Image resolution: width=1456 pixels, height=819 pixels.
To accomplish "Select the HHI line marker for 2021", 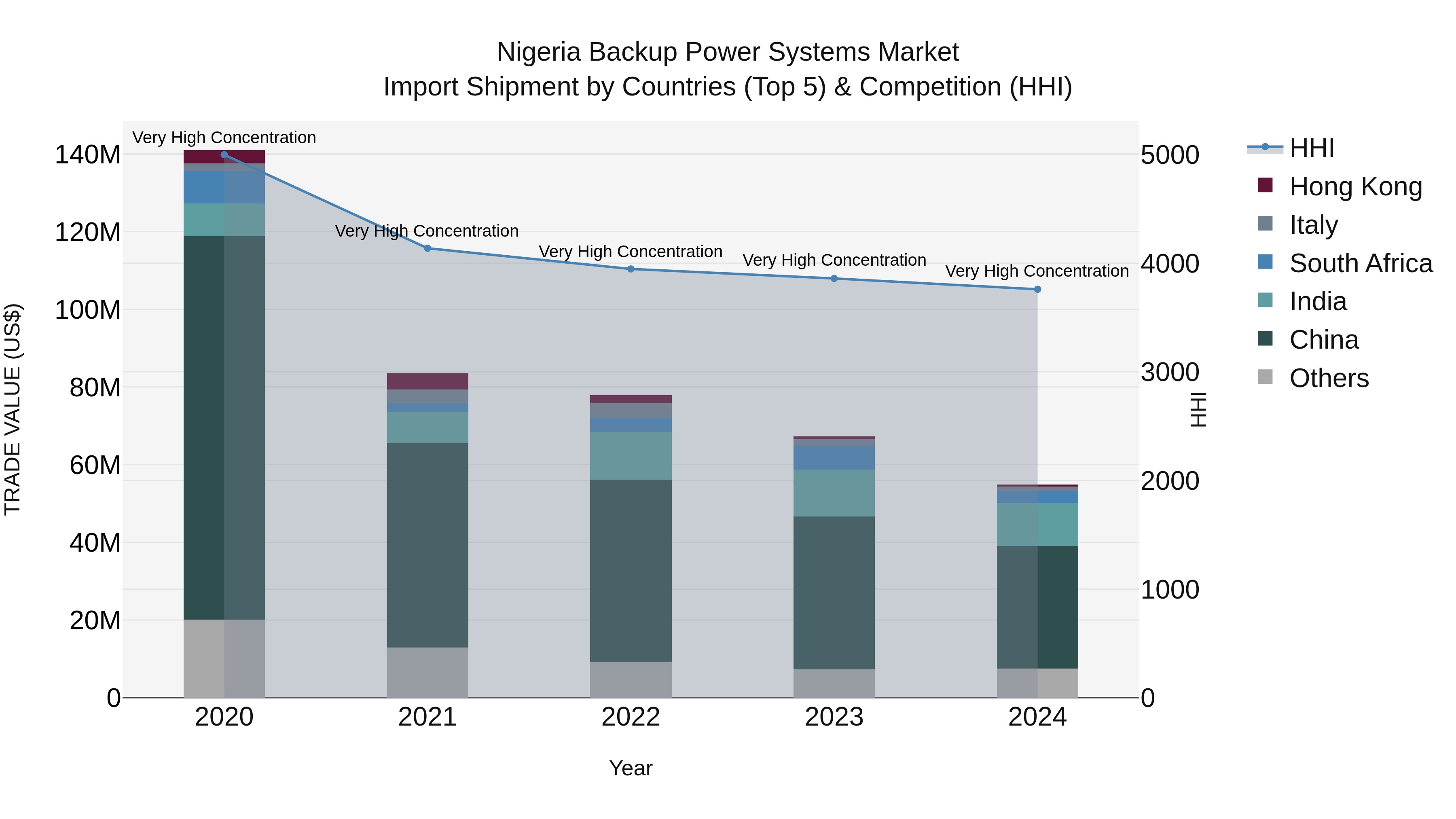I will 427,248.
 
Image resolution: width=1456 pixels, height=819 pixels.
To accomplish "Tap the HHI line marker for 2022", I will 631,269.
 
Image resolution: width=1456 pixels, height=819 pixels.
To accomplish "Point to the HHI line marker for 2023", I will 834,279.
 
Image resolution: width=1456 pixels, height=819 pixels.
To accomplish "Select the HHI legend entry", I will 1311,148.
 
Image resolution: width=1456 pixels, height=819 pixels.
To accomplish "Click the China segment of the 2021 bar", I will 427,546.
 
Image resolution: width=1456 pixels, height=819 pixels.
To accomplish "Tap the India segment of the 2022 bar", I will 631,456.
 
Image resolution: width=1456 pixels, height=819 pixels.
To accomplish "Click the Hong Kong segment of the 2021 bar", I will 427,381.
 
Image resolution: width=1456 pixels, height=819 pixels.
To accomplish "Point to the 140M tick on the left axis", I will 88,155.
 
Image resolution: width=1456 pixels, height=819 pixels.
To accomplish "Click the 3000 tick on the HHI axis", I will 1169,372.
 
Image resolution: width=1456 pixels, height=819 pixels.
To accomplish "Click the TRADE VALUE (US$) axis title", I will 13,409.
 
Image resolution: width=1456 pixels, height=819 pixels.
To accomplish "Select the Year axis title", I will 631,768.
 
